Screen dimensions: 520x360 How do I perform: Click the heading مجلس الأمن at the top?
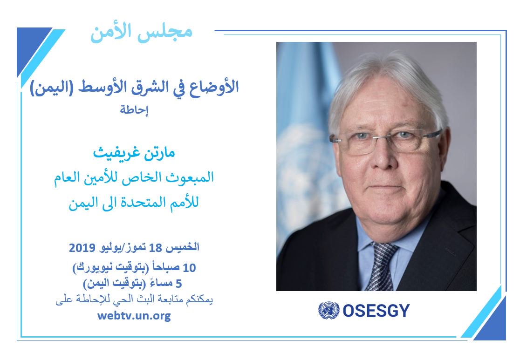click(x=141, y=33)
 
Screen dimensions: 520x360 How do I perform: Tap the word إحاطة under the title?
click(x=134, y=109)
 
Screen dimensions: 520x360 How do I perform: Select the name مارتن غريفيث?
click(x=134, y=153)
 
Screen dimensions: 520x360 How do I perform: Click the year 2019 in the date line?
click(x=82, y=247)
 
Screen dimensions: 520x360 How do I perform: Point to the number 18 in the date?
click(x=155, y=247)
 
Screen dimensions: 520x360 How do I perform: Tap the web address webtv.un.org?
click(x=134, y=315)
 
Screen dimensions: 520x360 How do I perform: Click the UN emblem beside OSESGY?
click(x=328, y=311)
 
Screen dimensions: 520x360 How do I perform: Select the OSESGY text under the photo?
click(x=376, y=311)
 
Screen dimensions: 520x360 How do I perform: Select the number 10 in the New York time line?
click(x=189, y=267)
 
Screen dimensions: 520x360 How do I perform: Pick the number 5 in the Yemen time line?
click(x=179, y=284)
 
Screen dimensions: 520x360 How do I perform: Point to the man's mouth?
click(x=385, y=189)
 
